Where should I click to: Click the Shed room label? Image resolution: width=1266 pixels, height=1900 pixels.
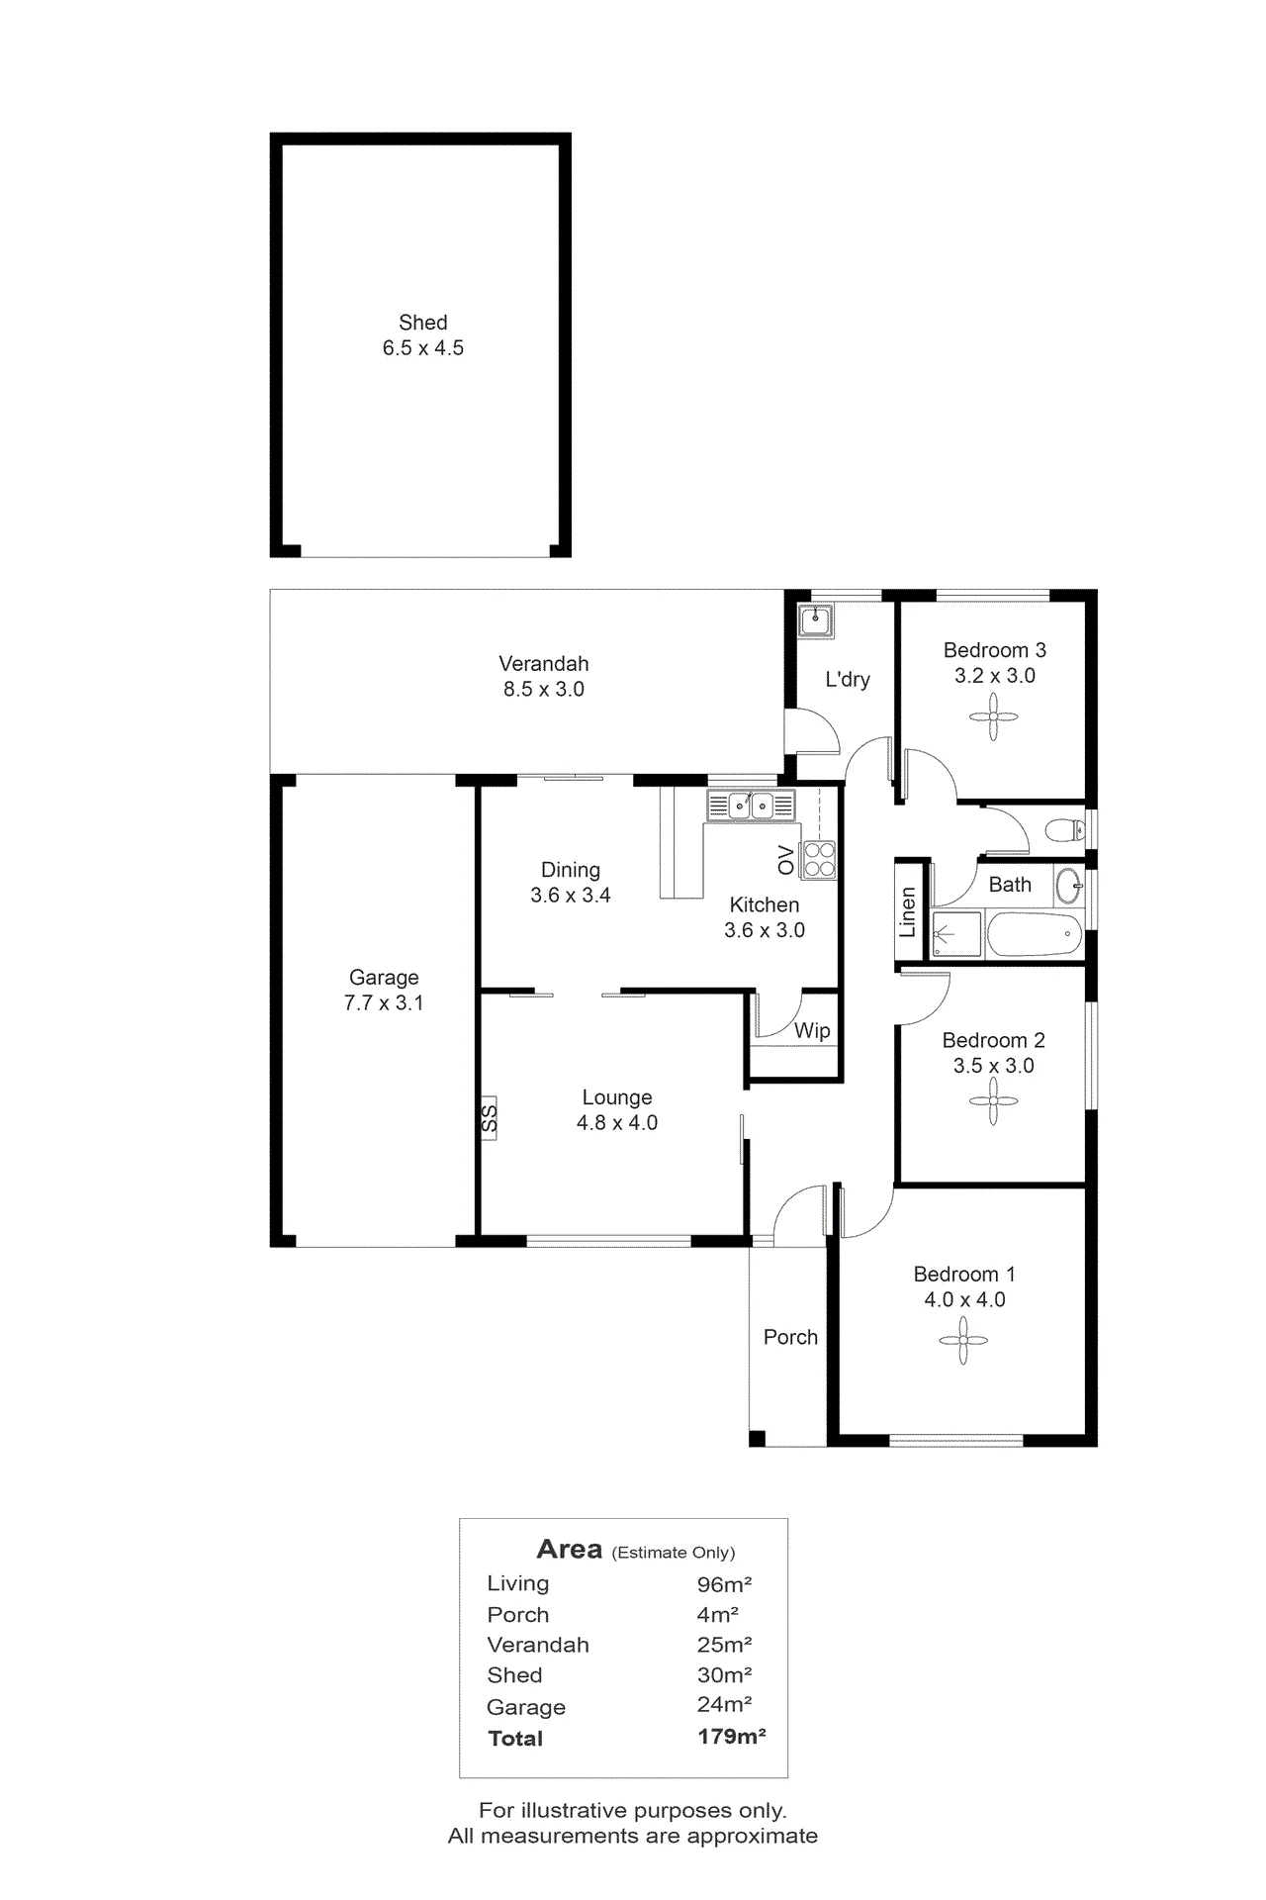[423, 323]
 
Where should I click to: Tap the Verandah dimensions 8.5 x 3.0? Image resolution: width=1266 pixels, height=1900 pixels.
[544, 690]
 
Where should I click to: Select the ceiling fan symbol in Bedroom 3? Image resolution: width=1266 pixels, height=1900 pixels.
[995, 715]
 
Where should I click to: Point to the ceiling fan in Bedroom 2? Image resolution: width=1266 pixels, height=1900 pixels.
[993, 1101]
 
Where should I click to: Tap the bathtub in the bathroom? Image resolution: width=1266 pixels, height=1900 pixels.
[1032, 935]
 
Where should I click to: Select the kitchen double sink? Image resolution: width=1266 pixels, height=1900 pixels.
[751, 806]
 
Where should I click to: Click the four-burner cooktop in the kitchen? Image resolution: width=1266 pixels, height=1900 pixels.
[819, 859]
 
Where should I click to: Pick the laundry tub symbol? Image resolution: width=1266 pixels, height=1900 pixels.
[816, 620]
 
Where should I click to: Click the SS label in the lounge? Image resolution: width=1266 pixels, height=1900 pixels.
[489, 1118]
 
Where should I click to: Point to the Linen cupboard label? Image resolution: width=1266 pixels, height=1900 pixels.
[908, 911]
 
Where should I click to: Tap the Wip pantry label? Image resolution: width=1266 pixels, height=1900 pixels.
[812, 1030]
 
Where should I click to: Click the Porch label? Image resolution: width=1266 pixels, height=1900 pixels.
[790, 1337]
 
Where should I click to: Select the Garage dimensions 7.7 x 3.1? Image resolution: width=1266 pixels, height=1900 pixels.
[384, 1003]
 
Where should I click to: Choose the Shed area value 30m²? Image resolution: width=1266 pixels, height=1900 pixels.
[724, 1674]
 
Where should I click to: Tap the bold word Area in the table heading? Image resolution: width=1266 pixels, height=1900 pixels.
[569, 1549]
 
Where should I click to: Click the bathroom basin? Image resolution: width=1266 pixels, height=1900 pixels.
[1068, 886]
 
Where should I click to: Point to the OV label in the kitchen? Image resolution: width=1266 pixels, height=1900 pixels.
[786, 860]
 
